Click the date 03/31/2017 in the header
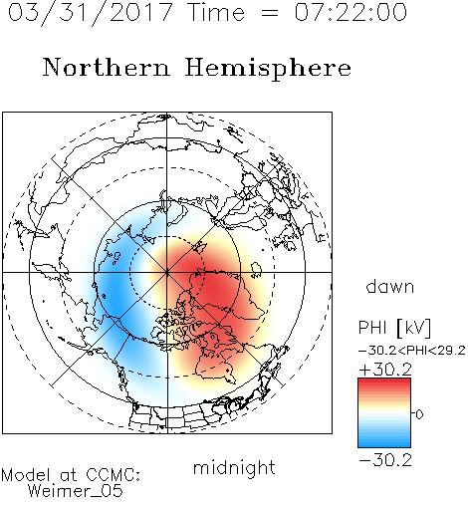point(90,13)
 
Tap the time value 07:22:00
point(351,12)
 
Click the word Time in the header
point(216,12)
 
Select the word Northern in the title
point(106,67)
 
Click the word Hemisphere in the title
point(268,69)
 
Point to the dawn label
point(389,287)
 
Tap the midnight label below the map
point(234,467)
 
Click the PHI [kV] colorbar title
point(394,328)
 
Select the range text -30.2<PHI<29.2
point(411,351)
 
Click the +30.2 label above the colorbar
point(385,370)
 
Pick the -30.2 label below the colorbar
point(385,460)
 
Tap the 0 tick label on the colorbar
point(419,414)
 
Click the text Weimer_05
point(76,491)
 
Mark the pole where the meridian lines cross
point(167,272)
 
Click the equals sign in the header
point(270,14)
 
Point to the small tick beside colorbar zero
point(413,413)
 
